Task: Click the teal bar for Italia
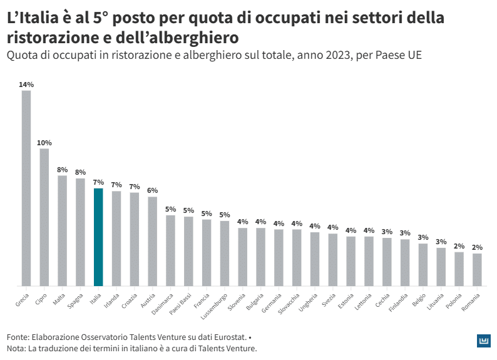(98, 237)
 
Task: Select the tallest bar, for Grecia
(26, 188)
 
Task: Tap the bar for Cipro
(44, 217)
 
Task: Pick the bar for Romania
(477, 269)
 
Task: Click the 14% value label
(26, 85)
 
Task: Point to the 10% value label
(44, 143)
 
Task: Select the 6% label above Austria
(152, 190)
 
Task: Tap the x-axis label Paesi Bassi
(182, 300)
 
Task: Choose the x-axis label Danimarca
(165, 300)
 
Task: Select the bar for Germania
(279, 257)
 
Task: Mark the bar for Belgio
(423, 264)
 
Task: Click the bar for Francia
(207, 252)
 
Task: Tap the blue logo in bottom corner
(483, 340)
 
